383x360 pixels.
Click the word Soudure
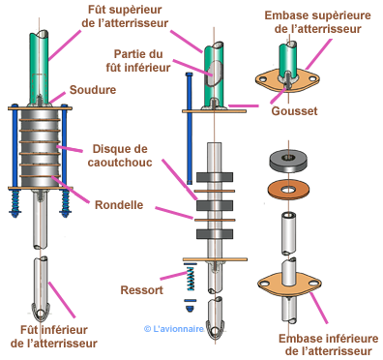click(x=93, y=90)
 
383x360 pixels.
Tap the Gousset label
click(x=294, y=111)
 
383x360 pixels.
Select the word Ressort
click(x=141, y=290)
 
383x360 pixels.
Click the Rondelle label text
click(x=119, y=205)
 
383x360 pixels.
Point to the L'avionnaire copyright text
click(x=174, y=329)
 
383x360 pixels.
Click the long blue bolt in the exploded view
click(x=190, y=129)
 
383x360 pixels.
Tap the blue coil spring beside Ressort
click(x=191, y=277)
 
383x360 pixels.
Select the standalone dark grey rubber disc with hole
click(x=288, y=162)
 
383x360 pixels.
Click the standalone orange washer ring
click(x=288, y=191)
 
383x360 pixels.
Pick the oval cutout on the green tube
click(x=213, y=74)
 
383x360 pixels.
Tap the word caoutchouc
click(x=120, y=163)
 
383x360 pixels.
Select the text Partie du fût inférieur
click(x=138, y=61)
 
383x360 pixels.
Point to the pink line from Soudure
click(x=58, y=98)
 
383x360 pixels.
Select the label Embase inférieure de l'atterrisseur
click(x=329, y=345)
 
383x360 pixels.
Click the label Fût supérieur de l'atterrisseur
click(x=125, y=16)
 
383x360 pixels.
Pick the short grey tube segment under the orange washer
click(x=288, y=233)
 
